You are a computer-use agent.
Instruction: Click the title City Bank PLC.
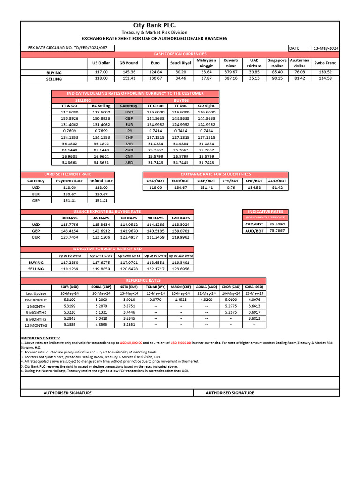[155, 25]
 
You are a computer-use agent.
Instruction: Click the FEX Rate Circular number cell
[64, 48]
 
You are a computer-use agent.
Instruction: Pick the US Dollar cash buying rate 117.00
[101, 72]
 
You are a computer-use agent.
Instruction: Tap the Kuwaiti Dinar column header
[231, 63]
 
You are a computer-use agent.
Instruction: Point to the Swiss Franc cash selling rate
[325, 78]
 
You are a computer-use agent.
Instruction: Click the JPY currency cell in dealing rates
[129, 131]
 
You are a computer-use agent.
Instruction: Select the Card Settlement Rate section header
[67, 174]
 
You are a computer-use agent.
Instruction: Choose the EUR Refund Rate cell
[101, 194]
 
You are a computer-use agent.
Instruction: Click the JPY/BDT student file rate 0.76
[231, 187]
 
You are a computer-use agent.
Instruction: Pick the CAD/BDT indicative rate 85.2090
[277, 224]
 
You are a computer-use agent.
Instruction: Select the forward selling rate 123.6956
[180, 269]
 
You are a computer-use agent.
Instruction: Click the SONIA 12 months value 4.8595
[101, 324]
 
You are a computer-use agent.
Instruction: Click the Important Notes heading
[40, 338]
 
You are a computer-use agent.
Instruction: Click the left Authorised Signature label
[67, 393]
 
